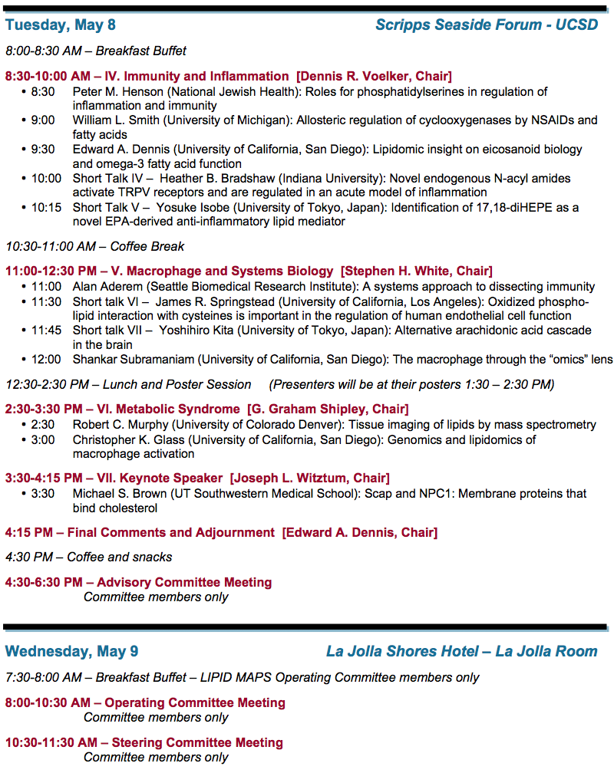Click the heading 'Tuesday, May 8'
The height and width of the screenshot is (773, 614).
click(x=61, y=25)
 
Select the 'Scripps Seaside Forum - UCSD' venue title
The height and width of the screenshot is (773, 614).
click(x=487, y=25)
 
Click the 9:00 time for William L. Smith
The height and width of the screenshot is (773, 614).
click(x=43, y=120)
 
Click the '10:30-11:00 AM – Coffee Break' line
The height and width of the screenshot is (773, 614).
click(x=95, y=246)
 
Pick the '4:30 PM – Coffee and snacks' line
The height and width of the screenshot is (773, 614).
click(x=89, y=558)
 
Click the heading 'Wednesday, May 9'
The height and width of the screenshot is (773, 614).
click(x=72, y=652)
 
